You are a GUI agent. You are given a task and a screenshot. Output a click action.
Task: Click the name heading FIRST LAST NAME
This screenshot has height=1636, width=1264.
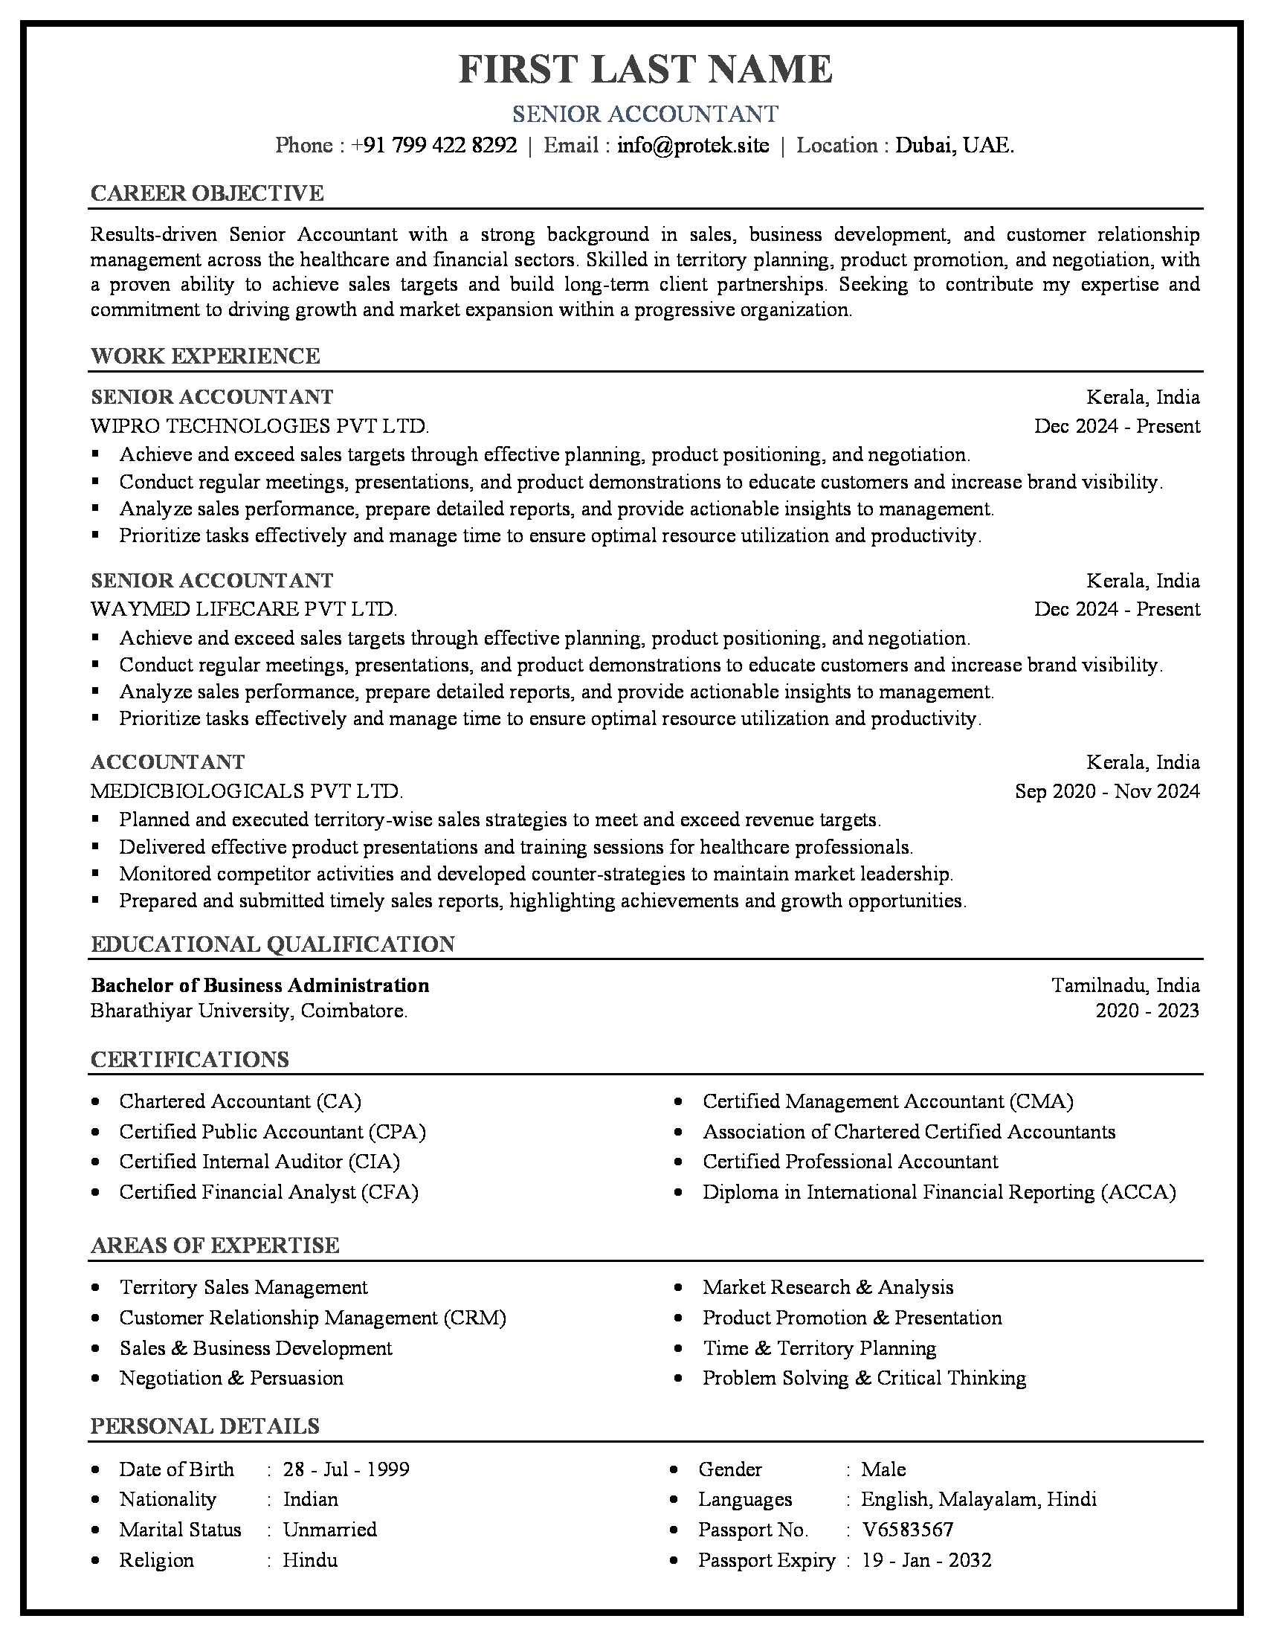tap(645, 70)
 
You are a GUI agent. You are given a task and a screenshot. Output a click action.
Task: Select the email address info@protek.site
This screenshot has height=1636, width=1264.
tap(693, 145)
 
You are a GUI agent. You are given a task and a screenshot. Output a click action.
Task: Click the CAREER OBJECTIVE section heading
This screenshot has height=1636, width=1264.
tap(207, 193)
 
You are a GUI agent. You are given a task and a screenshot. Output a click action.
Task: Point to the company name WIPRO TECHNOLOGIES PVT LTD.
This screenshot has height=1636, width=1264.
tap(259, 426)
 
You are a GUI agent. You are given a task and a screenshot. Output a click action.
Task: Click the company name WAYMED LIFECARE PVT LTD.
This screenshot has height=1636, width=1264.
tap(243, 609)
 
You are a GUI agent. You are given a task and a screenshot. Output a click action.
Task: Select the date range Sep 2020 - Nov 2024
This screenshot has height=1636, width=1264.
tap(1107, 791)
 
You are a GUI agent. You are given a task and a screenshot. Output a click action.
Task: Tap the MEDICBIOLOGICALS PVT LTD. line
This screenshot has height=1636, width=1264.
tap(246, 791)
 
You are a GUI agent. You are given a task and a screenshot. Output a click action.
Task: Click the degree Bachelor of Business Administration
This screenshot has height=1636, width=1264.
tap(259, 985)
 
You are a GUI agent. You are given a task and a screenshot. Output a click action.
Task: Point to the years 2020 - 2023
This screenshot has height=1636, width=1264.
tap(1147, 1011)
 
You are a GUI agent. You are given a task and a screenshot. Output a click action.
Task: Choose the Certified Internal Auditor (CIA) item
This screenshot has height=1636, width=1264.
tap(259, 1161)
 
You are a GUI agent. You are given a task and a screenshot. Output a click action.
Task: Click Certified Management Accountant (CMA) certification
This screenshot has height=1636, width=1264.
tap(887, 1101)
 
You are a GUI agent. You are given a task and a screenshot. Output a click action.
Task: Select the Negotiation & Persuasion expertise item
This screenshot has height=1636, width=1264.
tap(231, 1377)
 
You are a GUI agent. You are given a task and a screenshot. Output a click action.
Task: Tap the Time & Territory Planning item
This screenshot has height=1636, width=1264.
tap(819, 1347)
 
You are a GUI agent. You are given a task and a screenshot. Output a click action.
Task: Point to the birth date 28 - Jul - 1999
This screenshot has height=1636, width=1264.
tap(346, 1469)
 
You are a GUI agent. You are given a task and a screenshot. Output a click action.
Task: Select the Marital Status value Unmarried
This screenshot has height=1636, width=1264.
tap(329, 1529)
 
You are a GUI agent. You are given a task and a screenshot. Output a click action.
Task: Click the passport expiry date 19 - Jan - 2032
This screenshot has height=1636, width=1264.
tap(926, 1559)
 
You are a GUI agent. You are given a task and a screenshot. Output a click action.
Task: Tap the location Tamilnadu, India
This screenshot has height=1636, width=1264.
tap(1126, 985)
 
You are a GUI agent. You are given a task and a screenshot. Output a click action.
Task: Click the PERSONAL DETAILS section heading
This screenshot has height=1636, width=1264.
tap(205, 1426)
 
